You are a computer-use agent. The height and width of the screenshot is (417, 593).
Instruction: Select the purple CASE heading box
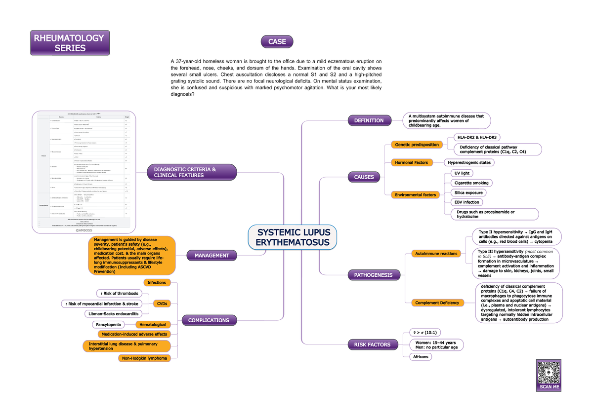[277, 42]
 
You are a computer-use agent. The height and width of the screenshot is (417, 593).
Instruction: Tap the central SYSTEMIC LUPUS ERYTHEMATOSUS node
[293, 237]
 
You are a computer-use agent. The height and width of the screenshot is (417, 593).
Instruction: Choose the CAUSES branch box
[364, 177]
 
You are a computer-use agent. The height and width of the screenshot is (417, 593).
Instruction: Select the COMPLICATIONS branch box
[209, 320]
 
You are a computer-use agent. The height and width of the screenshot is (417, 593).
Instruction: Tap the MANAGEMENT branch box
[212, 256]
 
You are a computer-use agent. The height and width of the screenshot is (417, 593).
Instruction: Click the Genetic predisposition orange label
[416, 145]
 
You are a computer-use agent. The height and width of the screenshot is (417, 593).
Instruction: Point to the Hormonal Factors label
[411, 162]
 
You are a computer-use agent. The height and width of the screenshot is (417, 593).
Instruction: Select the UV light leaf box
[462, 173]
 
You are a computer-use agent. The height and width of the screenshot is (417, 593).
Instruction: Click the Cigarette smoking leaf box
[471, 183]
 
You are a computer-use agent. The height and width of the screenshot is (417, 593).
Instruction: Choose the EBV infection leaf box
[467, 202]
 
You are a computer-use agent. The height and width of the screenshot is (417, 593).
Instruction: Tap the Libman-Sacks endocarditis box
[113, 314]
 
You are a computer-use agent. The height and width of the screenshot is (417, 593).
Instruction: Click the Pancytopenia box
[109, 325]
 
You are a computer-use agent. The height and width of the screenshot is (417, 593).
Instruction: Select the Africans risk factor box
[420, 356]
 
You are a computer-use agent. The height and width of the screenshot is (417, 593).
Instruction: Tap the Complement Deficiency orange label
[437, 303]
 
